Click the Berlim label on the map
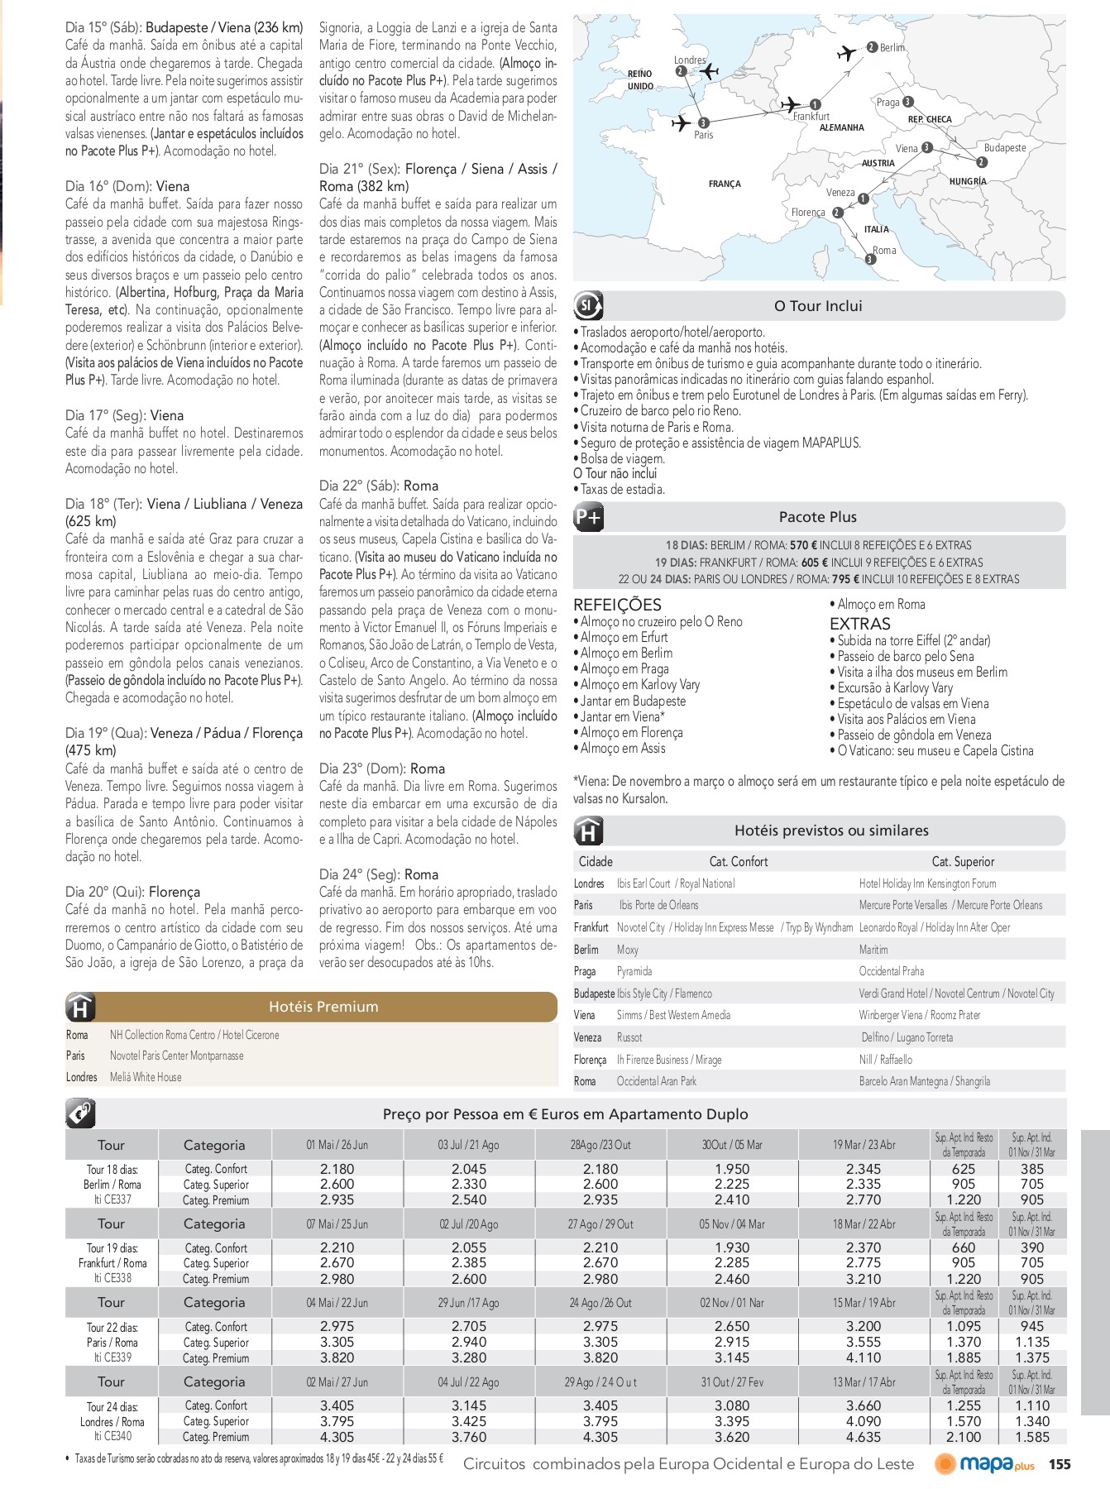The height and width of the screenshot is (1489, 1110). [892, 48]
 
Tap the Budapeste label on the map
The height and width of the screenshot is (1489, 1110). [1004, 148]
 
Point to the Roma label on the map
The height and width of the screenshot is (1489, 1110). [884, 250]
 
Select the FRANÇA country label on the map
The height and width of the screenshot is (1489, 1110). [725, 184]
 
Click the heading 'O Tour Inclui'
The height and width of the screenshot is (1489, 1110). [817, 306]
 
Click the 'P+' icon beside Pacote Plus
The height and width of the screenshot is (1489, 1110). [589, 518]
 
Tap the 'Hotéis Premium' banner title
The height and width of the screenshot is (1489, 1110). [323, 1007]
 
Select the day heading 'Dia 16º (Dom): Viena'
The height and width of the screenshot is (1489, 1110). [127, 186]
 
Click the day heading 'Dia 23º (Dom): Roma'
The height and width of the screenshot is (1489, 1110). [381, 768]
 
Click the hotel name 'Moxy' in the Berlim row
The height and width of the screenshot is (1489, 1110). [628, 950]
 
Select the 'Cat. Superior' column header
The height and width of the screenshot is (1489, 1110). [963, 861]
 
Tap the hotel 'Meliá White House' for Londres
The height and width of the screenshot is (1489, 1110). [146, 1077]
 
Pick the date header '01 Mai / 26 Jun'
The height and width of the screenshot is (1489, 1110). [337, 1145]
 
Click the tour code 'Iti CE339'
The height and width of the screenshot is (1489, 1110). [112, 1357]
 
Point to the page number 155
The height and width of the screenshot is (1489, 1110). [1059, 1464]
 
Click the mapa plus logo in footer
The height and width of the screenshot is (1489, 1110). [985, 1464]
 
